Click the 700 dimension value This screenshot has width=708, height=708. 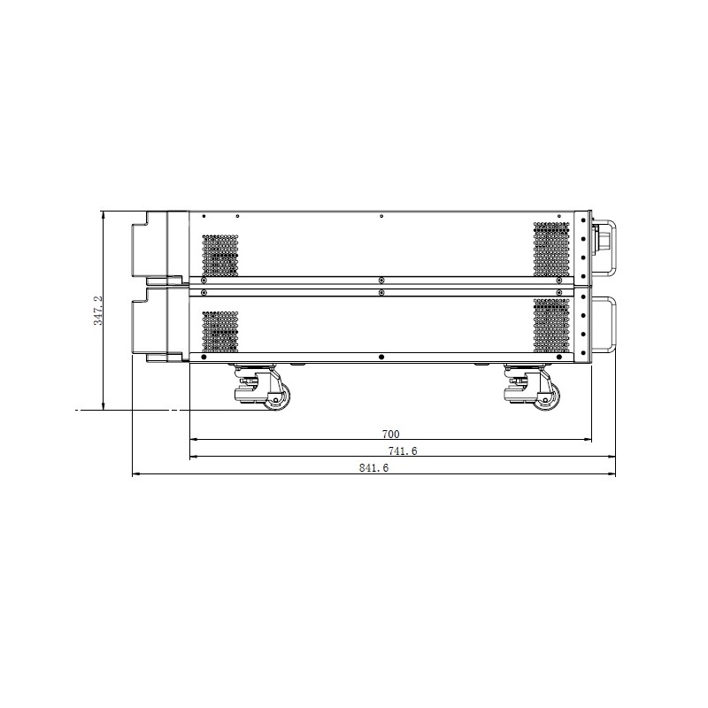(390, 434)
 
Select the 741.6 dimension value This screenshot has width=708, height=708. (403, 450)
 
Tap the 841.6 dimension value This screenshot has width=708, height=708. (373, 468)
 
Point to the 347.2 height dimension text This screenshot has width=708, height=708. (98, 311)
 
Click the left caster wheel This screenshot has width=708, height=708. (276, 398)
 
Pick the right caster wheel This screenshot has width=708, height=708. (545, 398)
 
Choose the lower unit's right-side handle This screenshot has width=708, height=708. (605, 324)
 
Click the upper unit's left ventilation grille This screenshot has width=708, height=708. (219, 255)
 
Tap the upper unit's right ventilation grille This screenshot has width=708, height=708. (551, 249)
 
